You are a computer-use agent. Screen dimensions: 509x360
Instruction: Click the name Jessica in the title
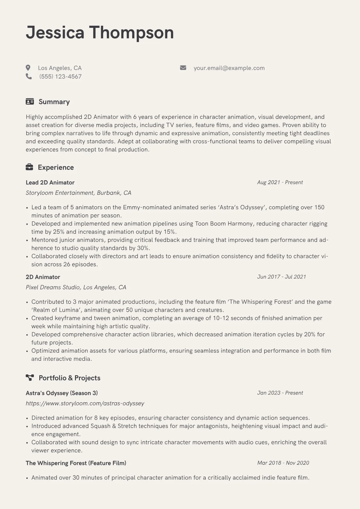pos(55,33)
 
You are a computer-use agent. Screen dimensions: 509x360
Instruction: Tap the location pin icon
pos(28,68)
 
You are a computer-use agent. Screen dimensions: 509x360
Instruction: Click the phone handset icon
pos(29,76)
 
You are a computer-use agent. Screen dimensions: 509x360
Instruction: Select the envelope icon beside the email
pos(183,68)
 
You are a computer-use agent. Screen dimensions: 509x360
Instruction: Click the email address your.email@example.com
pos(229,68)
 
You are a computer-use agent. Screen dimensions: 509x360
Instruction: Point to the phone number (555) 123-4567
pos(60,77)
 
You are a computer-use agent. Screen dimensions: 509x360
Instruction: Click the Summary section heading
pos(54,102)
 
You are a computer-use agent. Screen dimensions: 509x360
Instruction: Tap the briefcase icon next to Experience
pos(29,167)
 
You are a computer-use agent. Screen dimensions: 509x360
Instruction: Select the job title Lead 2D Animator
pos(50,182)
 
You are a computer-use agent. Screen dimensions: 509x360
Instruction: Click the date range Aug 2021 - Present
pos(280,182)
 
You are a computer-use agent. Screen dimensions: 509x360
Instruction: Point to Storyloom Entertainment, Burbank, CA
pos(78,193)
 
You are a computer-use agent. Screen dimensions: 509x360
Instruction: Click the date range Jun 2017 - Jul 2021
pos(281,277)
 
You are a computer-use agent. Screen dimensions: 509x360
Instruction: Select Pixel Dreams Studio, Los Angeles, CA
pos(76,287)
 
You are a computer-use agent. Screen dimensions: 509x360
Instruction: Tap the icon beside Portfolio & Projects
pos(30,377)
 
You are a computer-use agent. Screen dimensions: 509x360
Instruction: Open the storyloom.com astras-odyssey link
pos(85,403)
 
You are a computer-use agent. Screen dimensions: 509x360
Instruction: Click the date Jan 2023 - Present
pos(280,393)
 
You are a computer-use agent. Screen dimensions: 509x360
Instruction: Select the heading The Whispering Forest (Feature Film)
pos(76,463)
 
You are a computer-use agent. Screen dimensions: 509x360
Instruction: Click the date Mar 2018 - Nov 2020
pos(283,463)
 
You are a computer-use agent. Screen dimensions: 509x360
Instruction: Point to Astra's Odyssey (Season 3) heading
pos(62,393)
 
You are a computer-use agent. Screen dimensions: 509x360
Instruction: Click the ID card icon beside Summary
pos(30,102)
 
